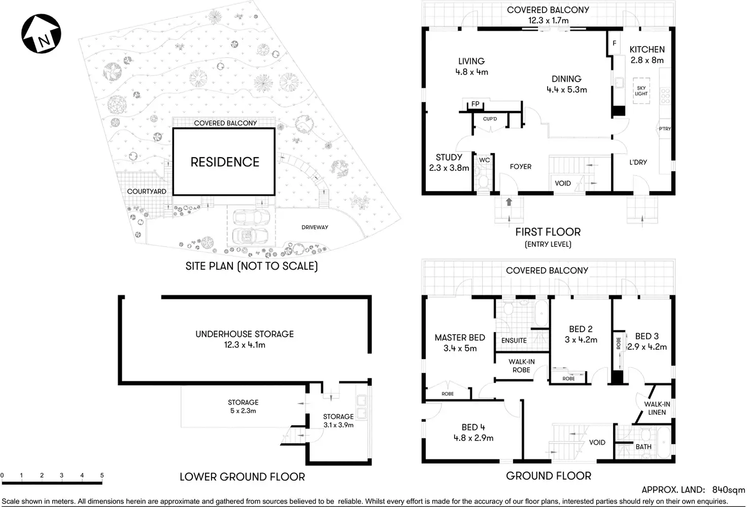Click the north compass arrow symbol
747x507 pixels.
[x=41, y=33]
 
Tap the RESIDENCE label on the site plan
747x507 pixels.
[x=225, y=162]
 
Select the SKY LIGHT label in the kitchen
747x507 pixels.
[x=641, y=91]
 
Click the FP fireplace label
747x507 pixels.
[x=475, y=104]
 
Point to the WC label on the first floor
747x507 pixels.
[x=485, y=160]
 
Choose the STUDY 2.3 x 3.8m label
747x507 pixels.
[x=449, y=162]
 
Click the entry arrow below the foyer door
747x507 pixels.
[x=509, y=202]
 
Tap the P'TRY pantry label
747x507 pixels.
[x=665, y=129]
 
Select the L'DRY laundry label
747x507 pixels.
[x=638, y=162]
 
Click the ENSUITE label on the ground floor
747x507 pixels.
[x=514, y=341]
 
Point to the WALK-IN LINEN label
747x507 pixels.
[x=657, y=408]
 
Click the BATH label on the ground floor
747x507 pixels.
[x=643, y=447]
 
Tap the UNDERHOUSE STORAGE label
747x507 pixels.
[x=245, y=339]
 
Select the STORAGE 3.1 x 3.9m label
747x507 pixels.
[x=338, y=420]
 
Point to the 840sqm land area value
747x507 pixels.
[x=728, y=490]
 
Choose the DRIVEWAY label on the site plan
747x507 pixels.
[x=315, y=227]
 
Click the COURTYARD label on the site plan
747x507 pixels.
[x=147, y=191]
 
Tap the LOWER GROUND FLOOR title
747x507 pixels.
[x=242, y=477]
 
